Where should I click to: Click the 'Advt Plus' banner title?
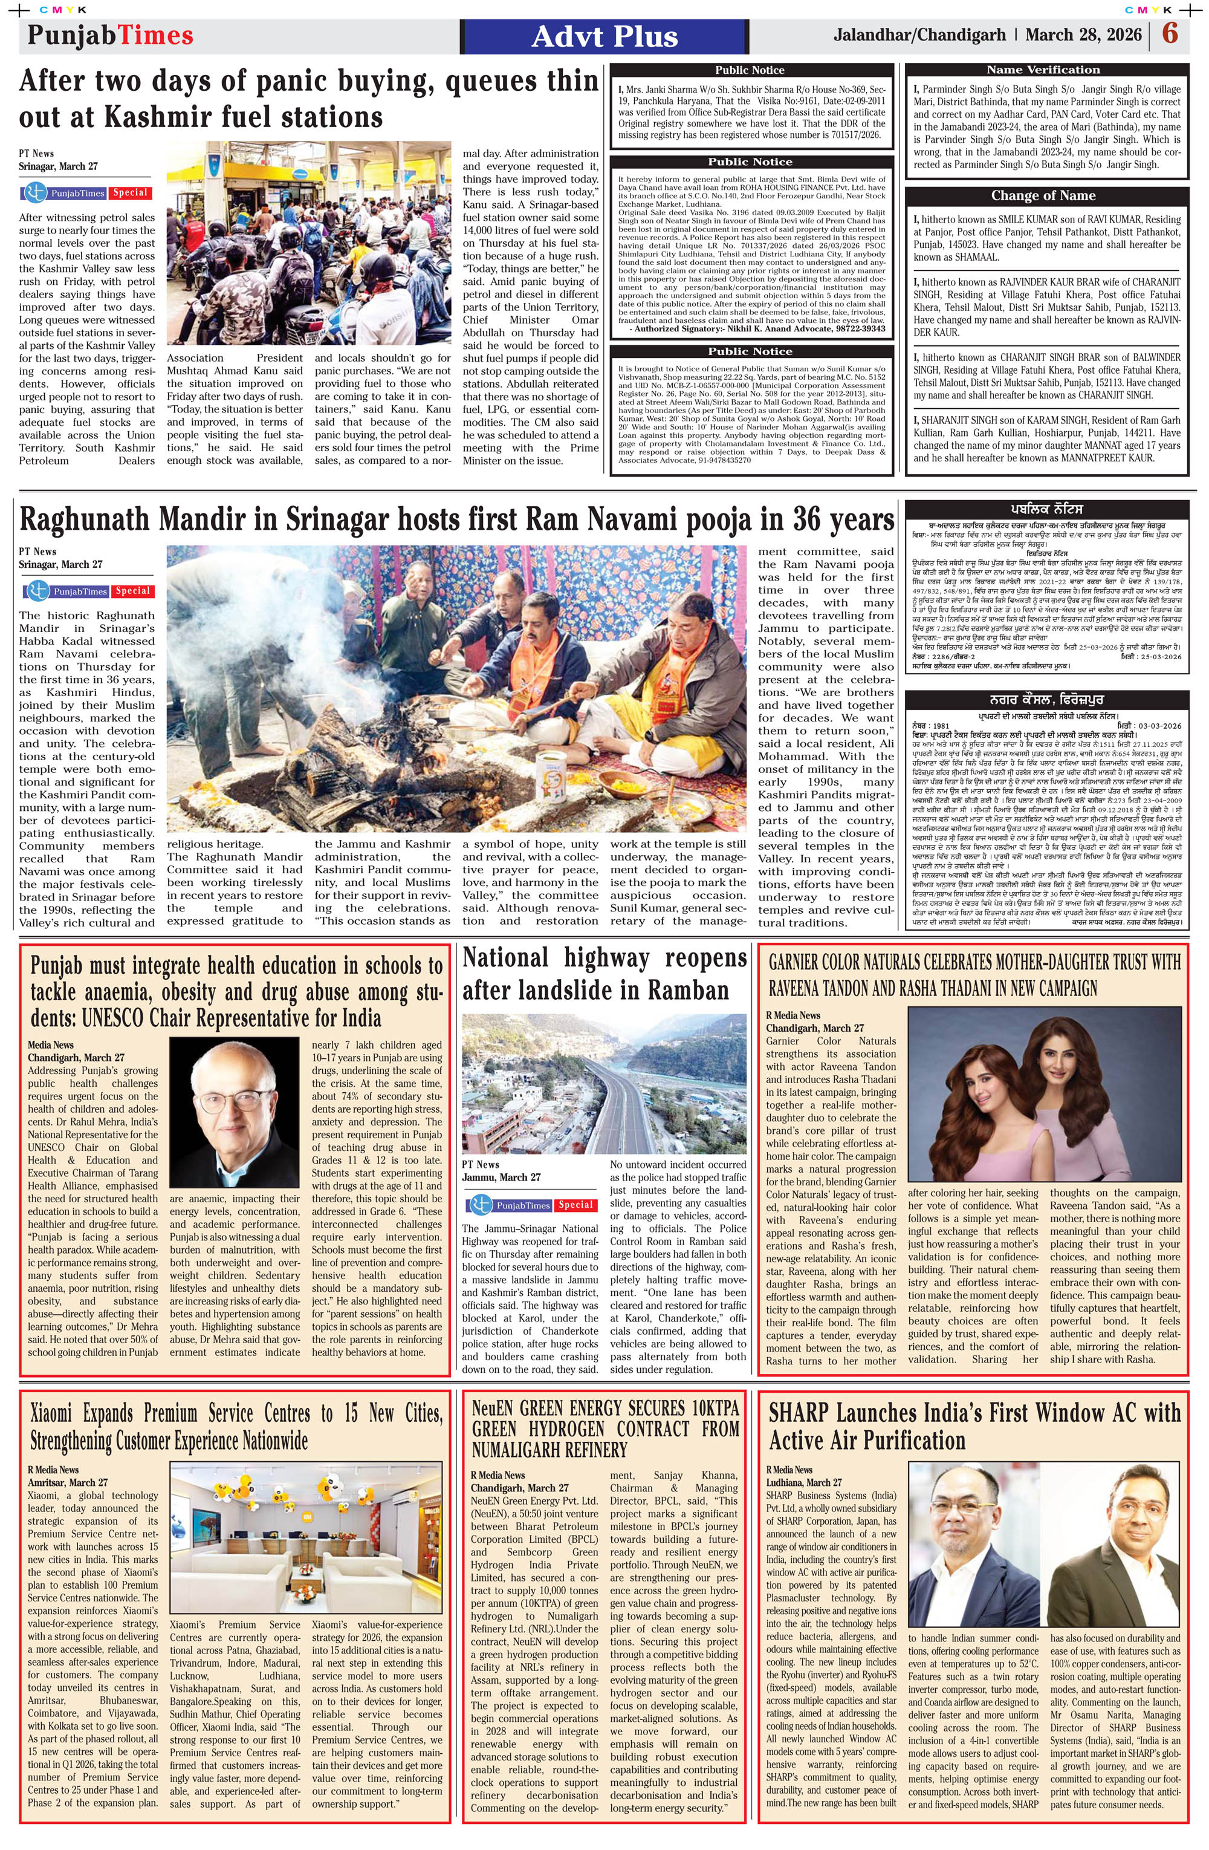pyautogui.click(x=604, y=36)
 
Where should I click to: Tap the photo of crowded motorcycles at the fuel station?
pyautogui.click(x=308, y=243)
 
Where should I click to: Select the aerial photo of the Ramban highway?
pyautogui.click(x=604, y=1083)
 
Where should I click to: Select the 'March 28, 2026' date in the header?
pyautogui.click(x=1083, y=35)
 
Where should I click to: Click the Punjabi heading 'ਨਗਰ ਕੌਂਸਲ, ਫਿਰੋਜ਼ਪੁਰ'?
pyautogui.click(x=1046, y=700)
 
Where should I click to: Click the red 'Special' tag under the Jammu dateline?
pyautogui.click(x=575, y=1205)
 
